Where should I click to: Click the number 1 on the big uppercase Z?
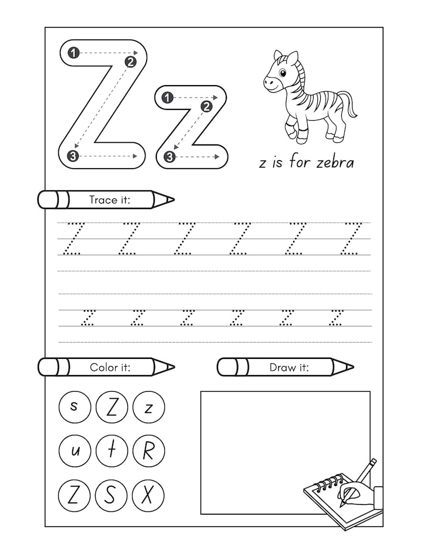click(x=74, y=52)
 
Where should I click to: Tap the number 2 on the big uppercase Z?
click(x=130, y=62)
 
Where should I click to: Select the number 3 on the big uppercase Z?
click(x=73, y=156)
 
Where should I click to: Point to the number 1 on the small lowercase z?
click(x=167, y=98)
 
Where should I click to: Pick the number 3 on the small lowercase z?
click(x=169, y=157)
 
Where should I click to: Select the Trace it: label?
click(x=109, y=200)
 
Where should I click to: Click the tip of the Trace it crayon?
click(x=172, y=200)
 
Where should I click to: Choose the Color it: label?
click(x=110, y=368)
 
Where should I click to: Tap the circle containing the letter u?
click(x=74, y=451)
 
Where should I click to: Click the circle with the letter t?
click(x=112, y=451)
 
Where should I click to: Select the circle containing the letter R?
click(x=148, y=451)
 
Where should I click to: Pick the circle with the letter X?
click(x=148, y=495)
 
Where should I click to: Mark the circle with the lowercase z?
click(x=148, y=408)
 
